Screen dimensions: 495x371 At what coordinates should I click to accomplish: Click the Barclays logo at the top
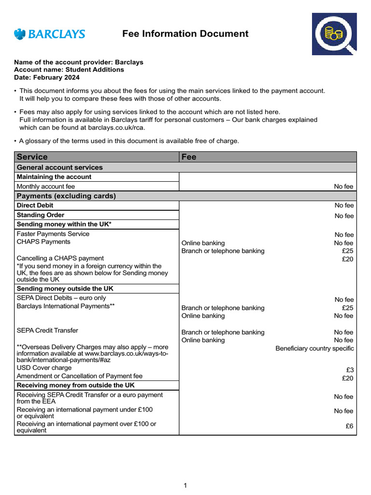click(x=49, y=34)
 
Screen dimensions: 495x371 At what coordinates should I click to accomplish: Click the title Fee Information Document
click(x=185, y=34)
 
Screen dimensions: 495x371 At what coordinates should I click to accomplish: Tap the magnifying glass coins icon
click(x=334, y=34)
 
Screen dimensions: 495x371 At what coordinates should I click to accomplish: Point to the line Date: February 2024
click(x=47, y=77)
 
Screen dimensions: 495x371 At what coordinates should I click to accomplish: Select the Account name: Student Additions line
click(x=69, y=70)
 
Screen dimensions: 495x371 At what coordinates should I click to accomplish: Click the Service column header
click(x=32, y=157)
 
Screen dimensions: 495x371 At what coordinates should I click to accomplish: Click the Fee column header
click(x=189, y=157)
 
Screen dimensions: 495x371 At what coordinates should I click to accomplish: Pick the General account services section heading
click(x=59, y=167)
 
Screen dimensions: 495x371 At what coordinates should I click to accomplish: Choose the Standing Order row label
click(x=41, y=215)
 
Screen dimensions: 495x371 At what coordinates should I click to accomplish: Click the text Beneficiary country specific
click(x=314, y=349)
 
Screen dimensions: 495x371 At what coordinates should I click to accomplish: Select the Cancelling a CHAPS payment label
click(x=60, y=258)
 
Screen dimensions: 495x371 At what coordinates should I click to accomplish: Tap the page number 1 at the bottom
click(x=185, y=486)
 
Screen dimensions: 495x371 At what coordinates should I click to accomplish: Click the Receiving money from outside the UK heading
click(x=76, y=385)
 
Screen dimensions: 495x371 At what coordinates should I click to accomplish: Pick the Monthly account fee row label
click(x=46, y=186)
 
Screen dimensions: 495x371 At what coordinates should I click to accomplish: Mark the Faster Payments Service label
click(x=53, y=234)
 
